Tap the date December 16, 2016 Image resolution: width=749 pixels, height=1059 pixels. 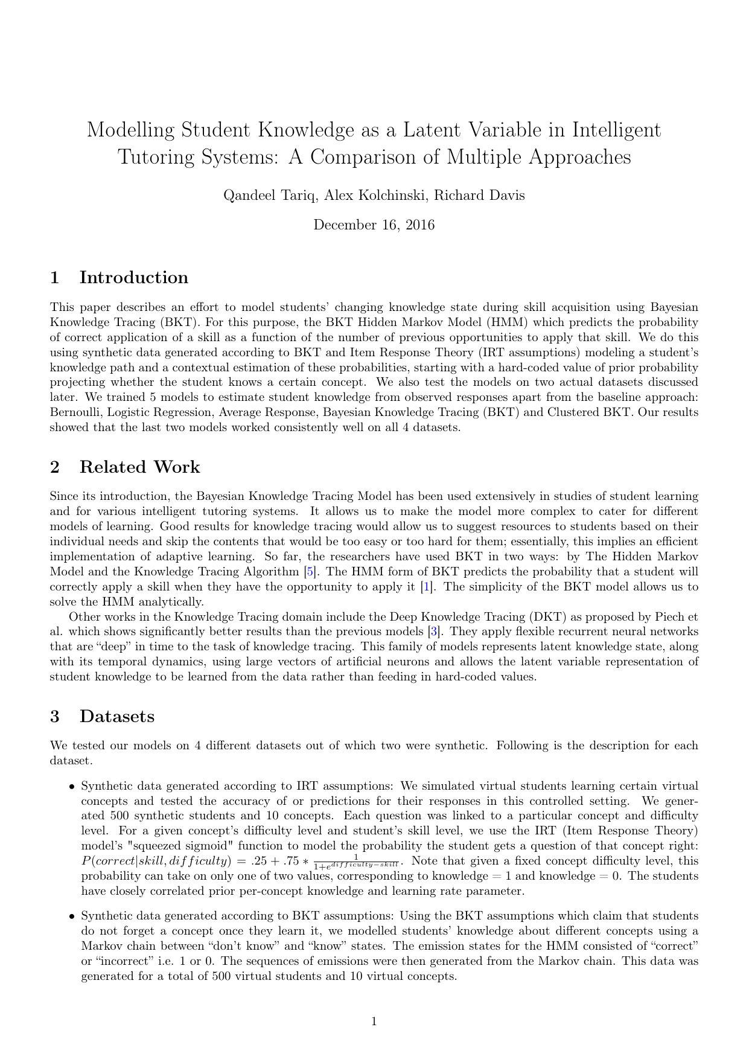[374, 225]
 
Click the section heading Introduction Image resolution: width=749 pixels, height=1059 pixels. [133, 278]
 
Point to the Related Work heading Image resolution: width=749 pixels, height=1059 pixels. [139, 467]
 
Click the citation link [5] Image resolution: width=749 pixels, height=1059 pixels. [310, 572]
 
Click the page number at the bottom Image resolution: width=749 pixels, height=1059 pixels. [374, 1022]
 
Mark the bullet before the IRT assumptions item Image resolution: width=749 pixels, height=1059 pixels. [72, 787]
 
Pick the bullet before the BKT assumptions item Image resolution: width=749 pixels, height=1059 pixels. [72, 917]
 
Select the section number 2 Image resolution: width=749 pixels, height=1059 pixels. [55, 467]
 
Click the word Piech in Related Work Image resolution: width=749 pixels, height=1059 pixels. [665, 617]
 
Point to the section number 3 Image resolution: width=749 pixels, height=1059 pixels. [55, 717]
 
